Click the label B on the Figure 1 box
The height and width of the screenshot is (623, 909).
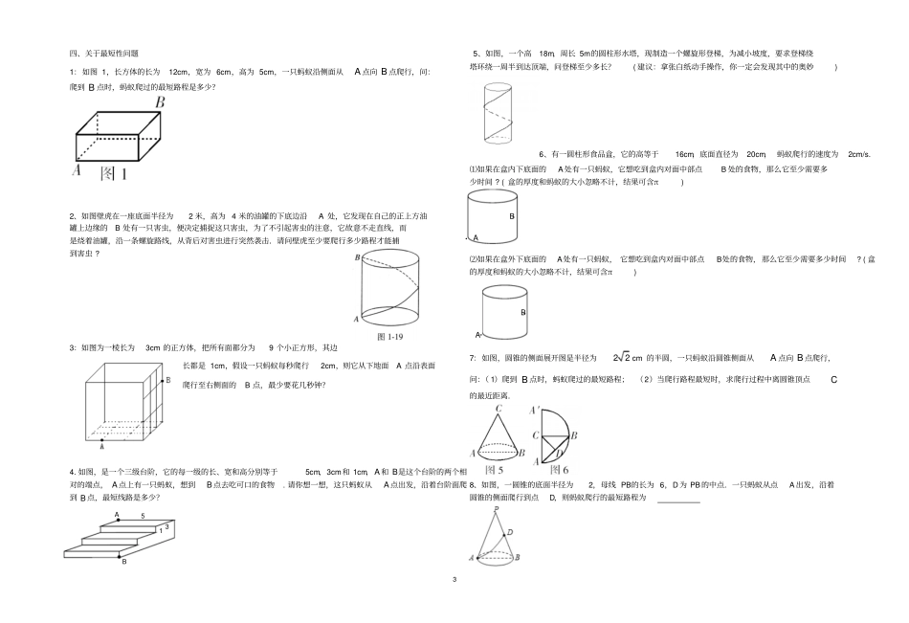coord(160,102)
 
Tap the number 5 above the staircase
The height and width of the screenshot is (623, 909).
coord(143,517)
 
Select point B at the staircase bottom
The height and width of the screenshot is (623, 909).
coord(123,563)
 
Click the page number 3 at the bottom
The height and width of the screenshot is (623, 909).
coord(454,578)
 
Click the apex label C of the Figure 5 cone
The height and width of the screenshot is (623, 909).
coord(499,410)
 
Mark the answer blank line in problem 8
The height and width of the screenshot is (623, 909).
coord(678,500)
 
